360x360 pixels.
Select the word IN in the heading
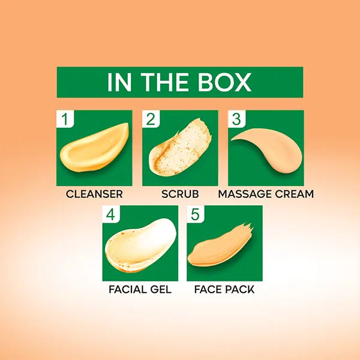point(119,82)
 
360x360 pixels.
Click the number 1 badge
point(65,119)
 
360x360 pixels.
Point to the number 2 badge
point(151,119)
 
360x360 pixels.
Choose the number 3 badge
point(236,119)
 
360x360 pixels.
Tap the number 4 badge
point(111,214)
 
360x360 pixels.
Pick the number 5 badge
point(196,214)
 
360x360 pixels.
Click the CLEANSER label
point(94,194)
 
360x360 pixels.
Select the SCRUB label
point(180,194)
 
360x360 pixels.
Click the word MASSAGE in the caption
point(245,194)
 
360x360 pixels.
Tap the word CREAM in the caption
point(295,194)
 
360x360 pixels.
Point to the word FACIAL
point(128,289)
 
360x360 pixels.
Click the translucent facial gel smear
point(140,245)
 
